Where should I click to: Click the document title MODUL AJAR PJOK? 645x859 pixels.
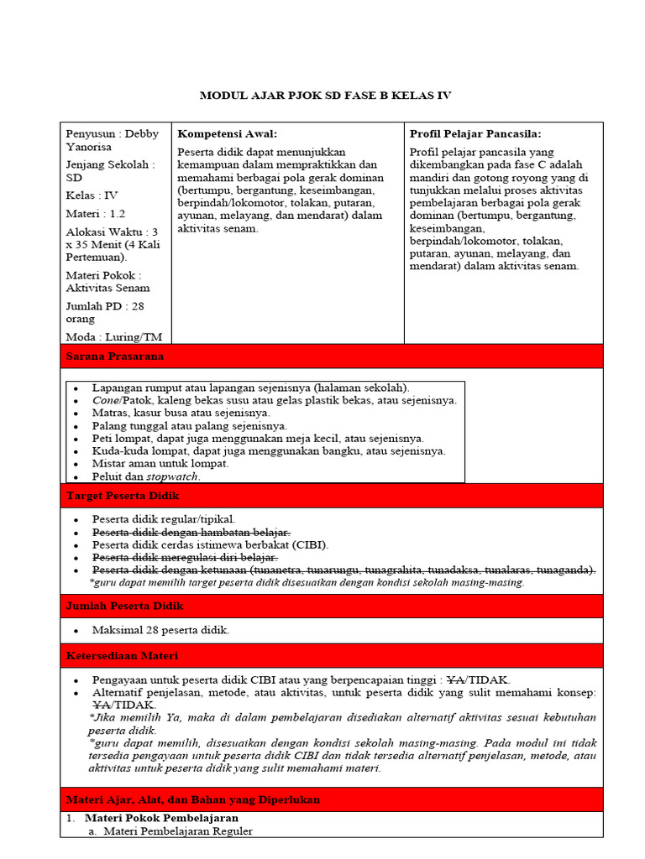(325, 96)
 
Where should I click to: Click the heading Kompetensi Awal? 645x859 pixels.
(227, 133)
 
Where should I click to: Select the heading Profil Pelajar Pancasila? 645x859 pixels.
(475, 133)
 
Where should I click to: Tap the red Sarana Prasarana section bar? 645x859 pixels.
(331, 356)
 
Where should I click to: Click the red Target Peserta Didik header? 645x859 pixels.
(331, 496)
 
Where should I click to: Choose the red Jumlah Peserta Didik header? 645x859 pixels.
(331, 606)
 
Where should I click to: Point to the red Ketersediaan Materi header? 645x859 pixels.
(331, 655)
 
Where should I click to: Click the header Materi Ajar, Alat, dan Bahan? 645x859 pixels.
(331, 799)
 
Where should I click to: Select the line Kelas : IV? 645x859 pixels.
(92, 195)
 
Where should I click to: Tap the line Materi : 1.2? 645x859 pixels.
(96, 213)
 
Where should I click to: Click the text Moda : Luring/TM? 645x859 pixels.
(113, 337)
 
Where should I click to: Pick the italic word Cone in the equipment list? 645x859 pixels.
(105, 400)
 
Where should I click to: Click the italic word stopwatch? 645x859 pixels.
(173, 476)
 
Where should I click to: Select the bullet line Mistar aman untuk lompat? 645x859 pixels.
(160, 463)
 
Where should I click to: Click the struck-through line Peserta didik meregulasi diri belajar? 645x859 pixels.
(185, 557)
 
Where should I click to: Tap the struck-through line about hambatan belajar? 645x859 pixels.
(191, 532)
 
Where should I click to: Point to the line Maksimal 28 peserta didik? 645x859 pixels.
(160, 630)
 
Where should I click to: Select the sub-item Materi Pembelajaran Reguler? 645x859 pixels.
(176, 830)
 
